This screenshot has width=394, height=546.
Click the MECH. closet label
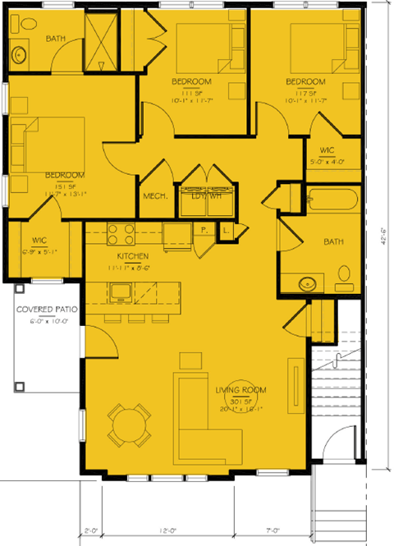(x=155, y=196)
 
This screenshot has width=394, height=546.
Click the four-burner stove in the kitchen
(x=121, y=234)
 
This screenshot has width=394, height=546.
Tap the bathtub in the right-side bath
(x=332, y=200)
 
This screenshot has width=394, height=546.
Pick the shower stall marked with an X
(x=103, y=34)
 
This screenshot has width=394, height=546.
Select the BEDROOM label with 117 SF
(x=305, y=81)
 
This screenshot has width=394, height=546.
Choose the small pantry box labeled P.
(x=203, y=232)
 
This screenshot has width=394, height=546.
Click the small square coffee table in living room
(x=190, y=360)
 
